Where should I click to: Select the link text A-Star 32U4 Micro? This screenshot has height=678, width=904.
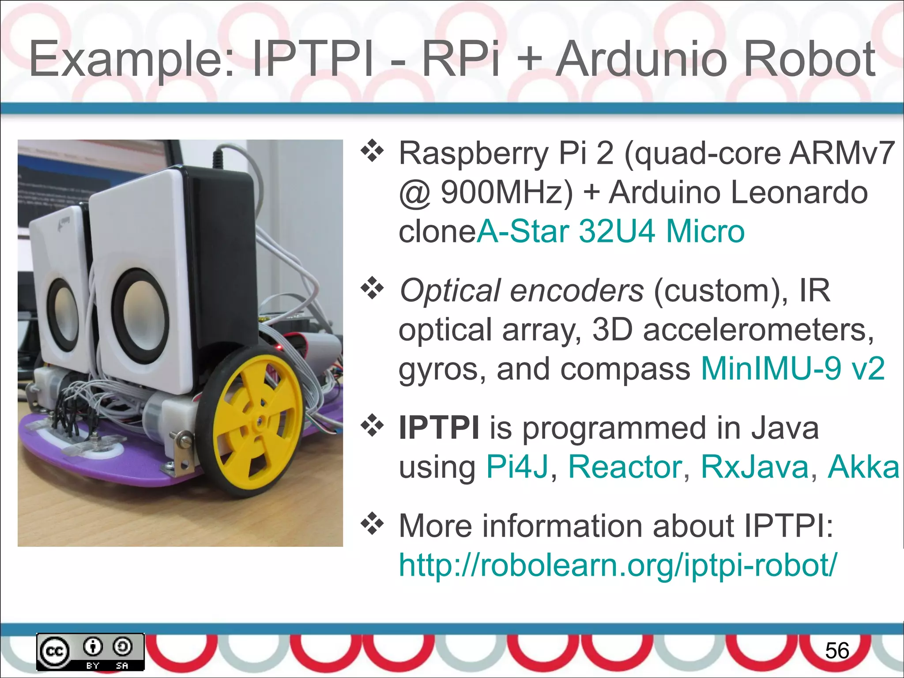[610, 231]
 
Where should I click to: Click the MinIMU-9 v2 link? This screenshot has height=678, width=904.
[793, 369]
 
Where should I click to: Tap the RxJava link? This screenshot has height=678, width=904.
[754, 467]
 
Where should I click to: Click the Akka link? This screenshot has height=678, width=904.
[863, 467]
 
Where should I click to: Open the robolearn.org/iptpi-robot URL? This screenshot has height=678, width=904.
[617, 565]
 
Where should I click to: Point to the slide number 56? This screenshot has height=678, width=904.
[837, 651]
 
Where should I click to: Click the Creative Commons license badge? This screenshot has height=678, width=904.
[90, 652]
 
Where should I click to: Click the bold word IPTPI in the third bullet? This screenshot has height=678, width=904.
[439, 428]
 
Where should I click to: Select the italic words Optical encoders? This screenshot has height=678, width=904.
[521, 291]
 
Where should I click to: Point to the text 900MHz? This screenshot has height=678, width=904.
[506, 193]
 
